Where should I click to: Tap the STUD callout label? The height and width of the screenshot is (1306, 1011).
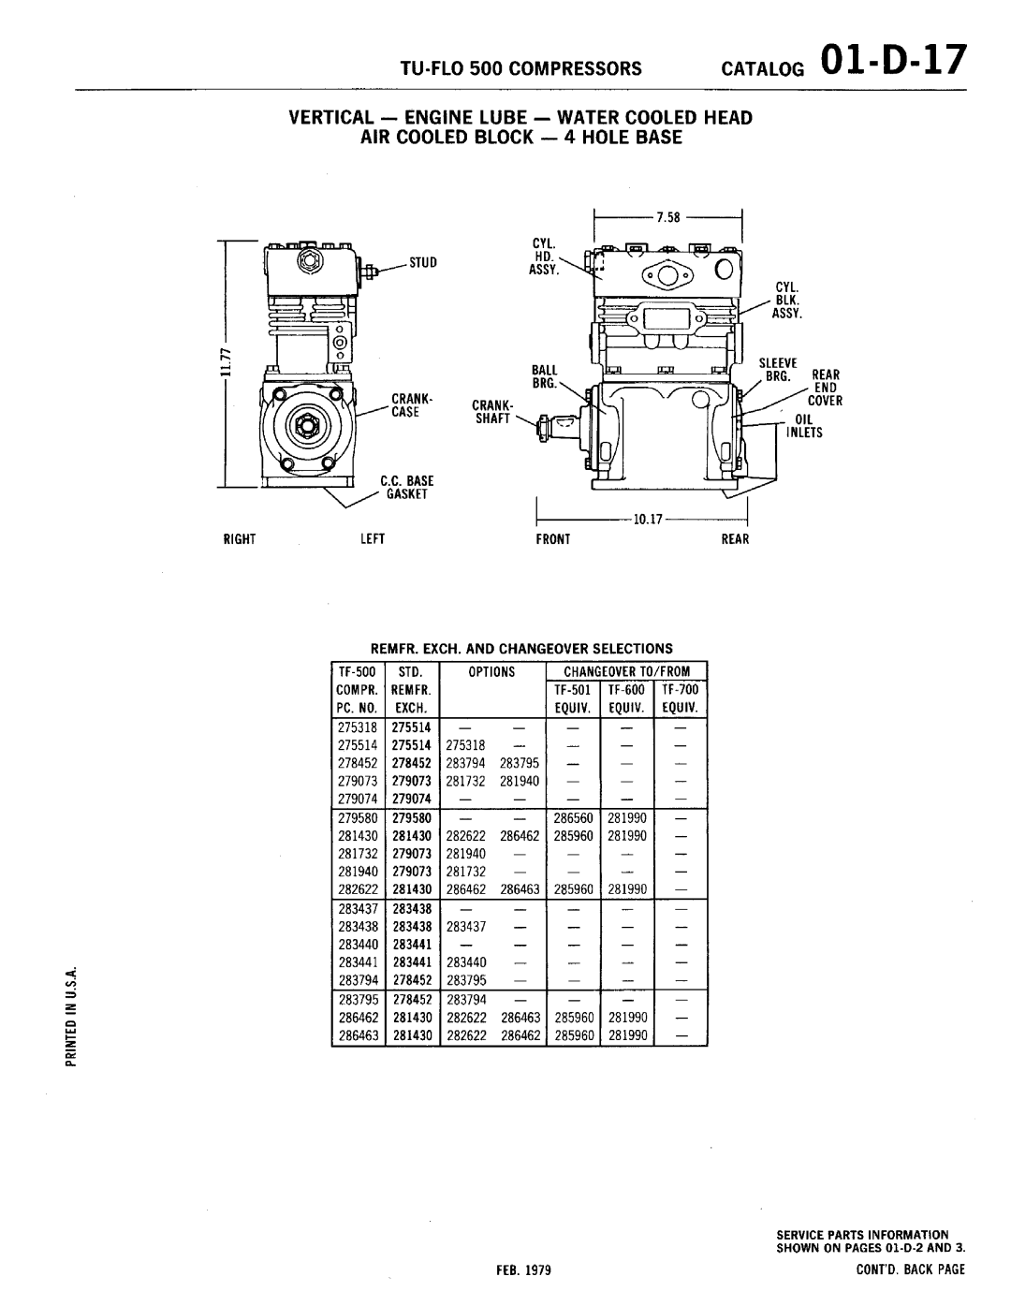pos(423,263)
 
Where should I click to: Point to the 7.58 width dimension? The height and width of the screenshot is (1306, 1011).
pos(667,217)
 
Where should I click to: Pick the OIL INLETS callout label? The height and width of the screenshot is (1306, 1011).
pos(805,426)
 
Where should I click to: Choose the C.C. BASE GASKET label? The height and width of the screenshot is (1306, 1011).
pos(403,487)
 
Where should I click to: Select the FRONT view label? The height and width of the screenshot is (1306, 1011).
pos(552,539)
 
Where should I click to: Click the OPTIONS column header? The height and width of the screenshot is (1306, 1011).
pos(493,671)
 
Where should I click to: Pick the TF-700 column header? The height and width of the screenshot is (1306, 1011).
pos(681,689)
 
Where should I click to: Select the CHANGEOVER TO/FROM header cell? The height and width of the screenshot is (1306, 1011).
pos(626,671)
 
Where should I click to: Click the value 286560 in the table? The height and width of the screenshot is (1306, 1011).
pos(573,817)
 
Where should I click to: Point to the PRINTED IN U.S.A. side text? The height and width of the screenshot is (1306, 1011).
pos(68,1015)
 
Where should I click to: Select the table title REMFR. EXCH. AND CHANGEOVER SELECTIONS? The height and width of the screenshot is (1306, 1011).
pos(521,648)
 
